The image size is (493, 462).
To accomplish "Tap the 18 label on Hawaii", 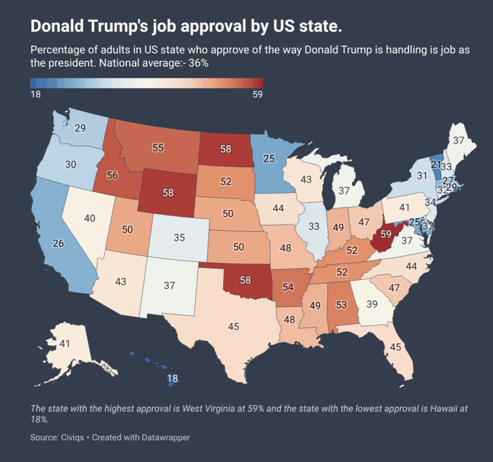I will click(172, 378).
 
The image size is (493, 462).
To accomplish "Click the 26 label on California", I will click(58, 244).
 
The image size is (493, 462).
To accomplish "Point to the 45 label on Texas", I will click(234, 326).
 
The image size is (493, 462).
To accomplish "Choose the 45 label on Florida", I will click(395, 347).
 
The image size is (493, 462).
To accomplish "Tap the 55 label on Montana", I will click(158, 148).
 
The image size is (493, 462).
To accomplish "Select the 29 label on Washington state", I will click(80, 128).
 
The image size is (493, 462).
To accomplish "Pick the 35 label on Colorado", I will click(179, 237).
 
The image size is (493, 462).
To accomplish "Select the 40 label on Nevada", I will click(89, 218).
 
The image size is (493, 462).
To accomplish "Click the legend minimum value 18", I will click(36, 95).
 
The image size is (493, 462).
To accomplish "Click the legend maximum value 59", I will click(257, 95).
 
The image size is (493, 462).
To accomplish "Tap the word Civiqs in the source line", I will click(74, 437).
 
